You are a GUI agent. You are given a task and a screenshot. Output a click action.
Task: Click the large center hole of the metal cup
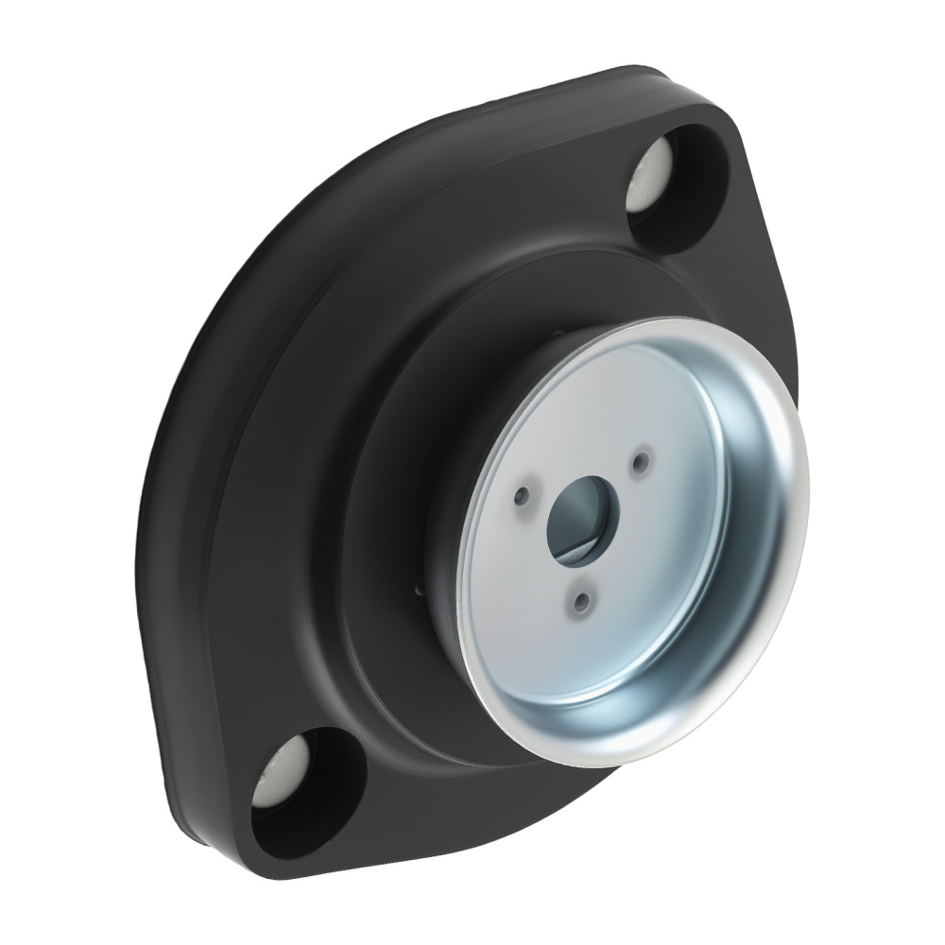(x=581, y=509)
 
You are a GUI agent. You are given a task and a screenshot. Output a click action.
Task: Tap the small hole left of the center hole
(x=522, y=493)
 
